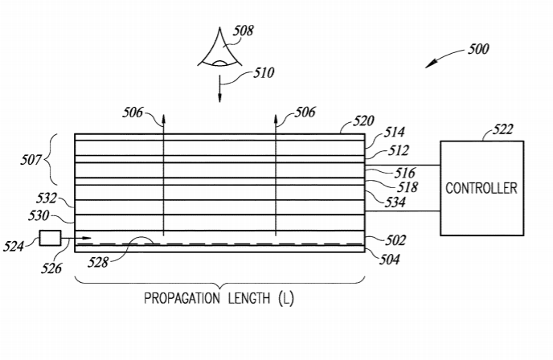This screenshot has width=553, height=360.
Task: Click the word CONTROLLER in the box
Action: coord(481,188)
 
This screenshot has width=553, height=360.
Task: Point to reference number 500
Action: coord(477,49)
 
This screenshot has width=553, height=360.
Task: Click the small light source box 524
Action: coord(50,237)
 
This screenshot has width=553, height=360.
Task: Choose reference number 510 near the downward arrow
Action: coord(263,73)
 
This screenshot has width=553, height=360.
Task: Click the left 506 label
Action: coord(133,112)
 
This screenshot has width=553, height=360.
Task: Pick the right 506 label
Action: coord(304,112)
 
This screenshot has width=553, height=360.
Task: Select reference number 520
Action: coord(363,121)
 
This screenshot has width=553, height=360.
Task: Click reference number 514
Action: coord(395,133)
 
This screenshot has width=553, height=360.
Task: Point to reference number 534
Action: coord(394,202)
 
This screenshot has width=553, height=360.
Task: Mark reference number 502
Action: coord(395,240)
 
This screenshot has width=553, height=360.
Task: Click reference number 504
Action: coord(390,259)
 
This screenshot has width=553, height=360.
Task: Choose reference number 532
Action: coord(47,198)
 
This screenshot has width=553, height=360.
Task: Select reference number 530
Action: coord(39,215)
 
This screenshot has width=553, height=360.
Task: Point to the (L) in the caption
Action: coord(285,299)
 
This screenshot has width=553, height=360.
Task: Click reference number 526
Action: coord(52,268)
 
